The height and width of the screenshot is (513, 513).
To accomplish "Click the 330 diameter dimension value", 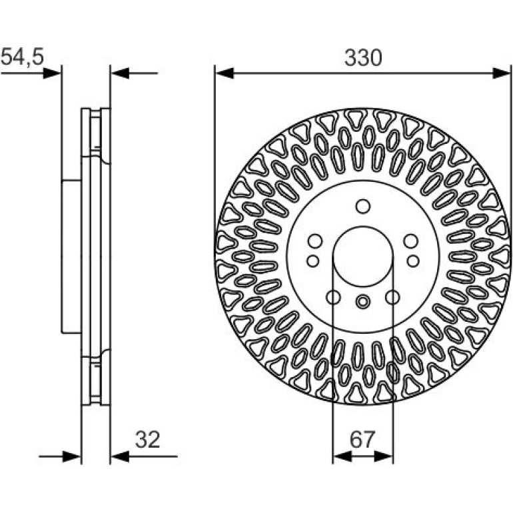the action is coord(363,58).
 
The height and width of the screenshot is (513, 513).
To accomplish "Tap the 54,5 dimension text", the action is coord(22,57).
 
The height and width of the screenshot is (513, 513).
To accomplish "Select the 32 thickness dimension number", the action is coord(147,440).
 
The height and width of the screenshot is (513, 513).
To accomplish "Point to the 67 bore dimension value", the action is coord(362,440).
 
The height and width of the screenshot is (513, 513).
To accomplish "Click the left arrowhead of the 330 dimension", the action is coord(225,73).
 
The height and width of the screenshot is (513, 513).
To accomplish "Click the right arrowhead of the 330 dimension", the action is coord(501,73).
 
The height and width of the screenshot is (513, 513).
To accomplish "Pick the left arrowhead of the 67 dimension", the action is coord(342,456).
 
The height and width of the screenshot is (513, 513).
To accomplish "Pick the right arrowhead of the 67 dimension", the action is coord(383,456).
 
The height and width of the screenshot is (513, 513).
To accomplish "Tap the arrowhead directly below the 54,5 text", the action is coord(52,73).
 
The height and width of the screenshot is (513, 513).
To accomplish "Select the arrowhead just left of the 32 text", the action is coord(120,456).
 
